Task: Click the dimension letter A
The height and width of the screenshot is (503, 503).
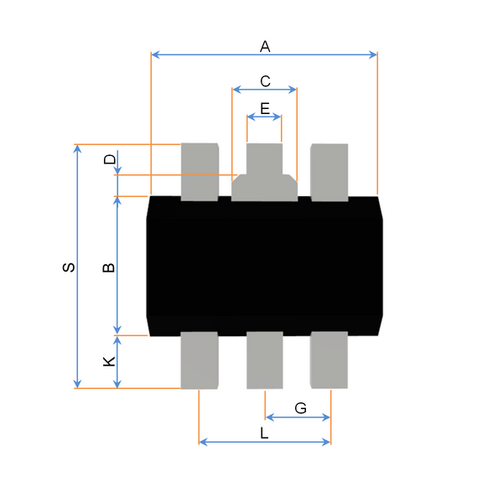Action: coord(265,46)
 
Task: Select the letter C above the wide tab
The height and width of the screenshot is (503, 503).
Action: coord(265,81)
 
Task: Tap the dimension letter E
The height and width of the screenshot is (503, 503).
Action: coord(265,109)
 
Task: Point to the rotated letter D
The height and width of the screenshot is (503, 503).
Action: coord(110,159)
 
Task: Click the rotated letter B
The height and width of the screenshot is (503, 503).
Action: coord(109,267)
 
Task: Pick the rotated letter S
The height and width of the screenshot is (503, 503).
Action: coord(69,267)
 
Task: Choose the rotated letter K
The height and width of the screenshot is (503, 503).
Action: coord(109,361)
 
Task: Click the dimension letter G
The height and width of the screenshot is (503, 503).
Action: coord(301,408)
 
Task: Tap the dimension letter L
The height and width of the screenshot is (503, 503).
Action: coord(264,433)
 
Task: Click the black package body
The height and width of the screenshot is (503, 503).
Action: coord(265,267)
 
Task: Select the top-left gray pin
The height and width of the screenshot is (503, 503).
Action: coord(200,172)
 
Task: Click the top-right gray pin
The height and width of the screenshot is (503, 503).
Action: coord(329,173)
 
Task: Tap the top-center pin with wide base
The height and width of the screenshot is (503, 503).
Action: coord(264,172)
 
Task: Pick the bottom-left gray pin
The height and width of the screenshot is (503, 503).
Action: coord(200,360)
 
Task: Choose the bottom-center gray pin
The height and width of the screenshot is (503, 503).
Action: coord(265,360)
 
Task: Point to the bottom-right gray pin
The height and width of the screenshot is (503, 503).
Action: coord(329,360)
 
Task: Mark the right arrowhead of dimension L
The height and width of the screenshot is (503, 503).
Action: coord(326,442)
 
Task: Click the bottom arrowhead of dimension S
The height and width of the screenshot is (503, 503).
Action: coord(77,383)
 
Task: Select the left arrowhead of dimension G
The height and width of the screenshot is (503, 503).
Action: coord(270,417)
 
